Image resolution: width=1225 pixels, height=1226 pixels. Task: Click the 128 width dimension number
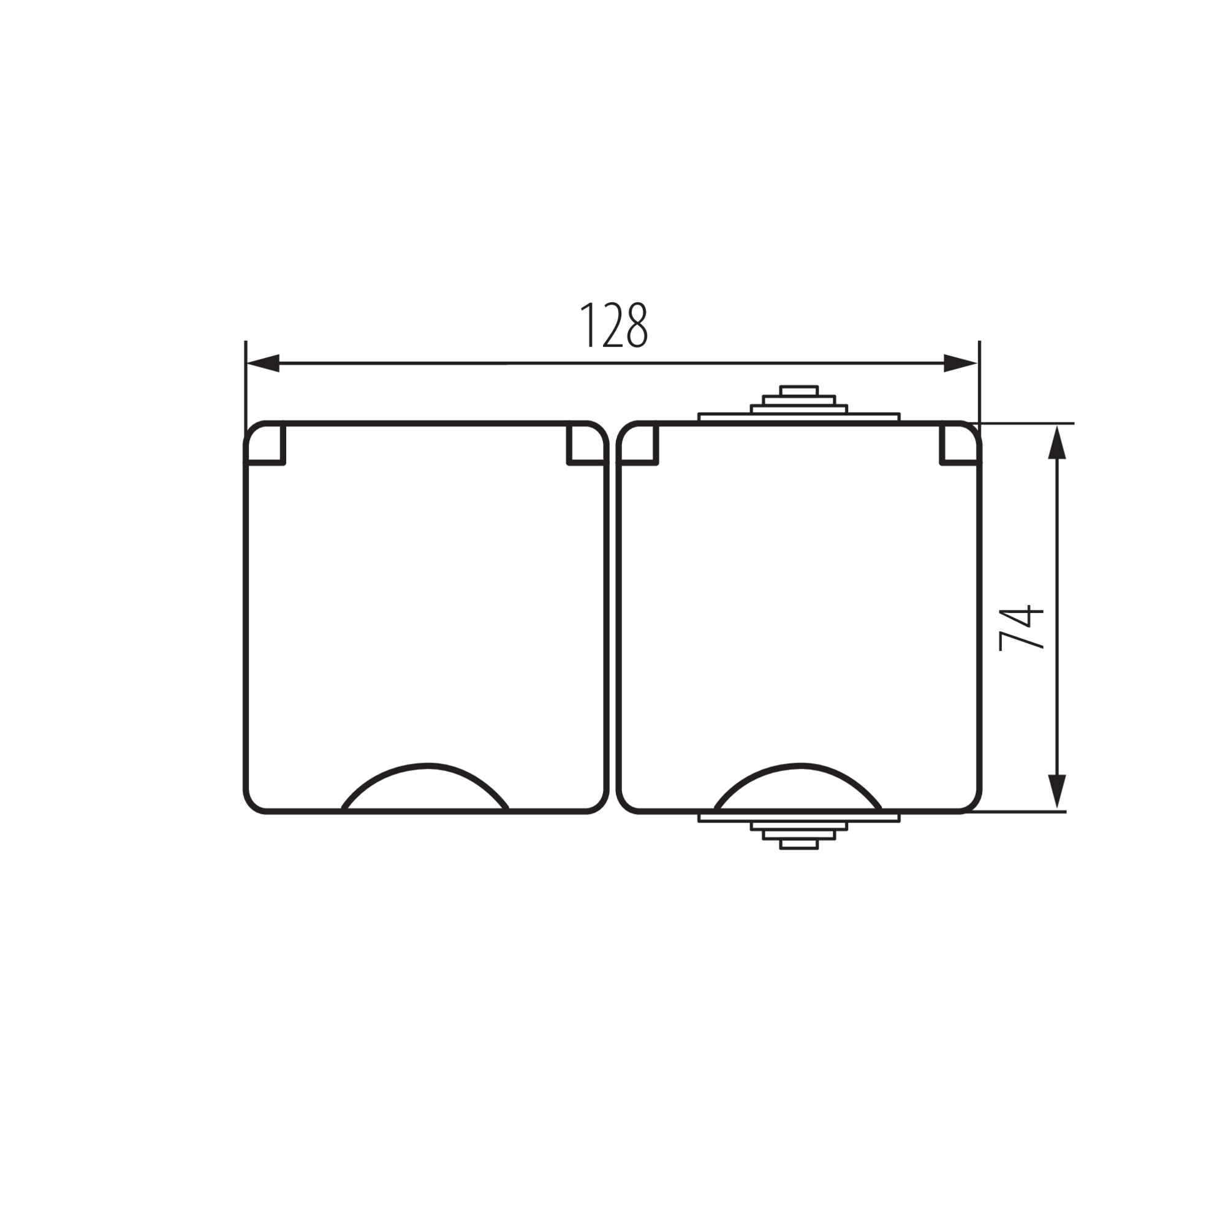pyautogui.click(x=614, y=325)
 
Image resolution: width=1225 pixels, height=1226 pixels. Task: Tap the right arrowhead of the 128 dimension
pyautogui.click(x=960, y=364)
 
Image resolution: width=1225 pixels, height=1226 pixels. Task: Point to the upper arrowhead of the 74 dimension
pyautogui.click(x=1057, y=443)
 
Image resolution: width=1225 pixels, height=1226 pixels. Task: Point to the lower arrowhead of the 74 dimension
pyautogui.click(x=1057, y=792)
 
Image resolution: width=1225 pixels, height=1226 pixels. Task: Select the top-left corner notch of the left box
pyautogui.click(x=265, y=444)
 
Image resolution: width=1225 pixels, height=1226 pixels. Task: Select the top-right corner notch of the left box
pyautogui.click(x=586, y=444)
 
